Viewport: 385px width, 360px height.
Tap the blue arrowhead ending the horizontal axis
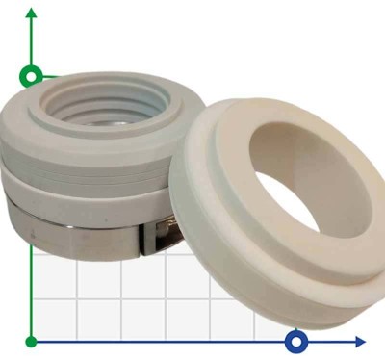click(359, 341)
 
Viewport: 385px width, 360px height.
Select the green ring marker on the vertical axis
click(32, 75)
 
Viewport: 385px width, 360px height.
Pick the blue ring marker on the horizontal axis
click(296, 341)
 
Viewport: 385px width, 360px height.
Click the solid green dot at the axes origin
click(32, 341)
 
